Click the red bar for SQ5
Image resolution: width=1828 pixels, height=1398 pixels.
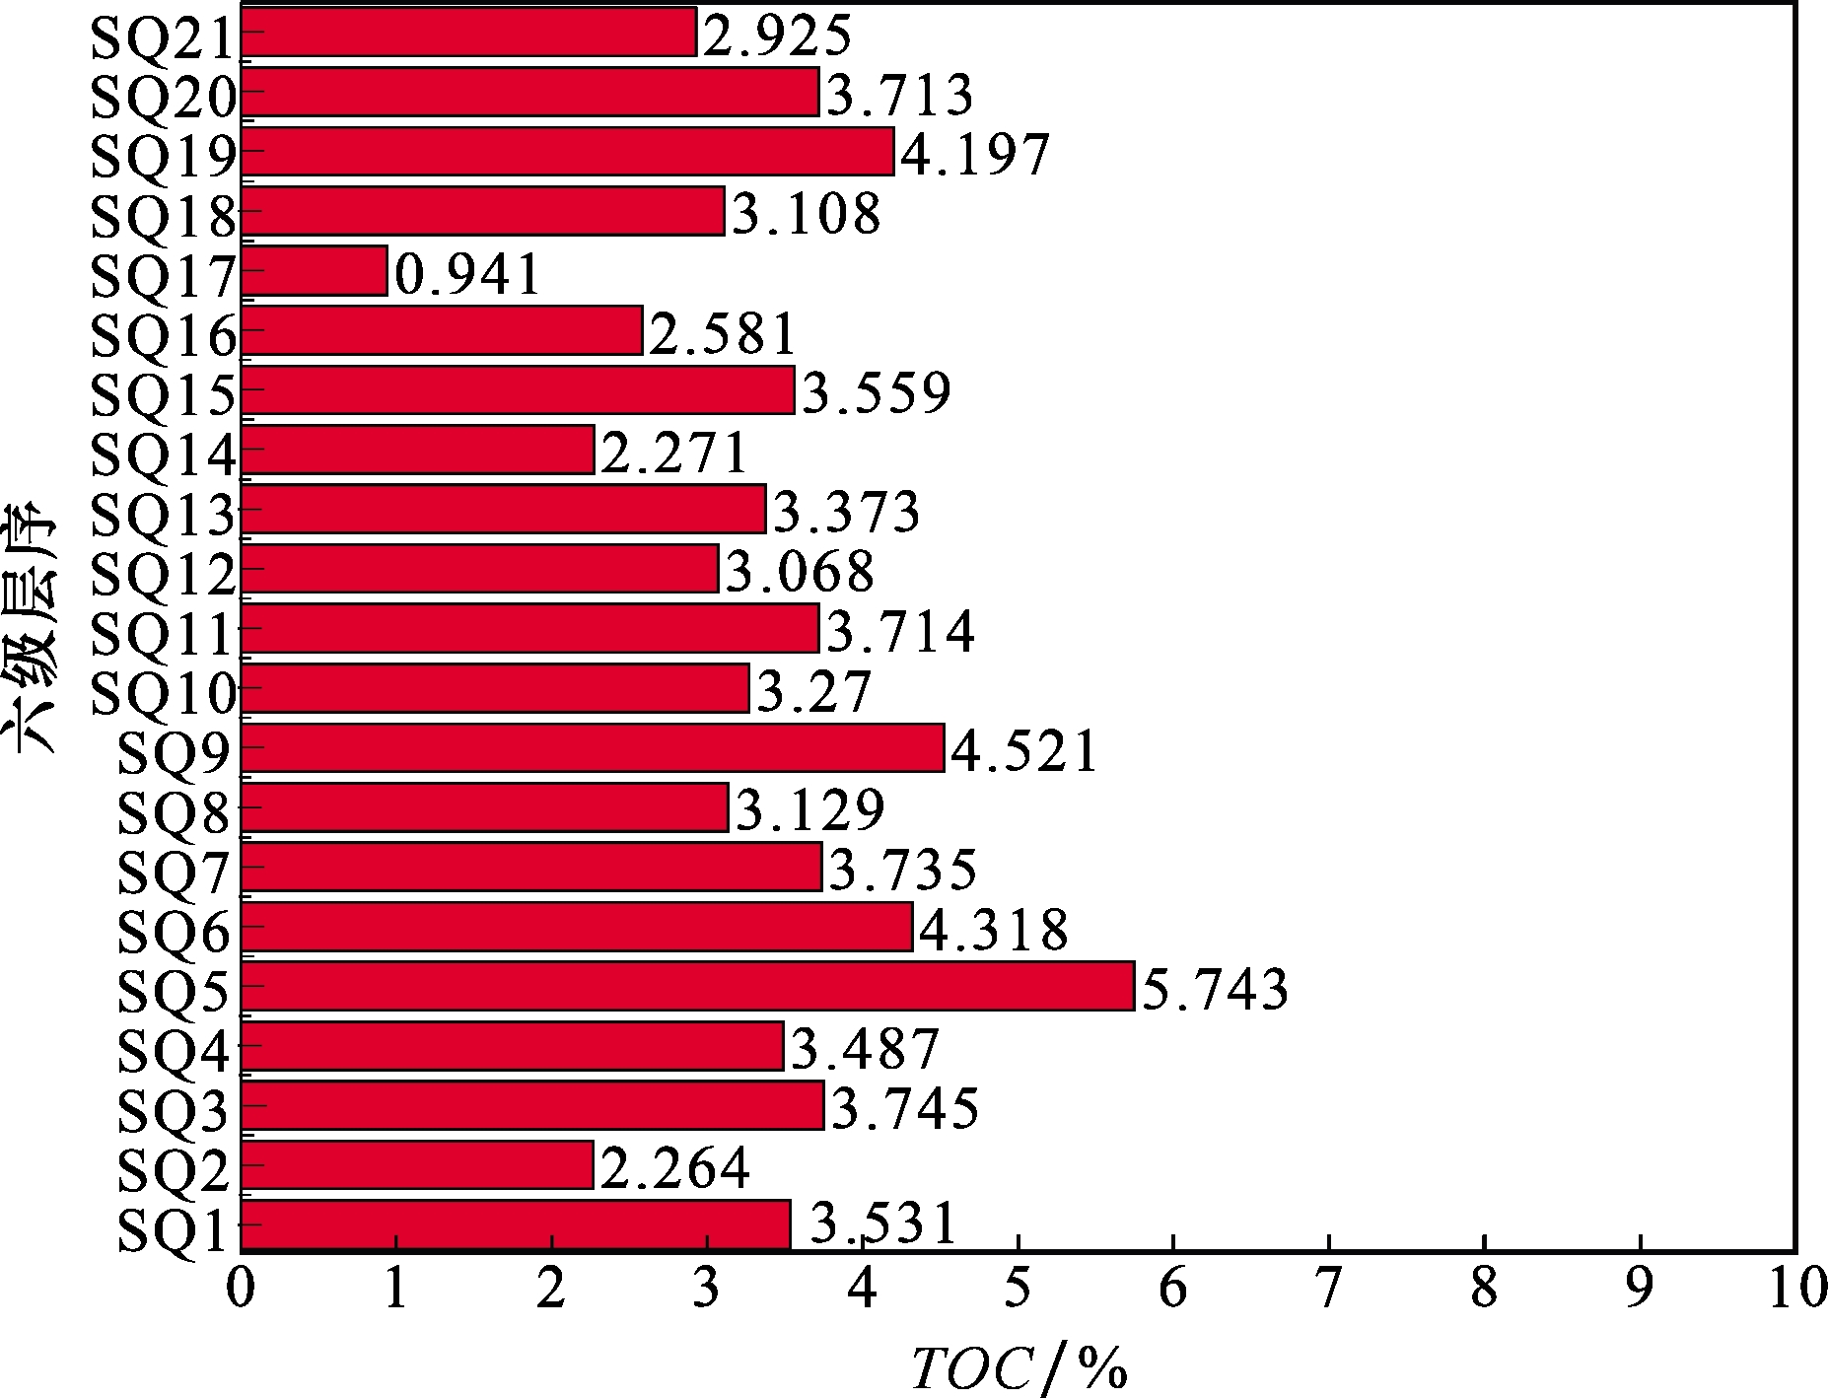(x=688, y=986)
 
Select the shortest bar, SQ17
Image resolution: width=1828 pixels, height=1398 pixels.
(x=315, y=270)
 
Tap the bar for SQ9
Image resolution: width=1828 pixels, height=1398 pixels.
(x=593, y=748)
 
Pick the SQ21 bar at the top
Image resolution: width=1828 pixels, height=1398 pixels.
(x=468, y=33)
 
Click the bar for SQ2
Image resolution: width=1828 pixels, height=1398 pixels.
(x=417, y=1165)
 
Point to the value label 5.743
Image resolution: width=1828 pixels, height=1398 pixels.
(x=1214, y=989)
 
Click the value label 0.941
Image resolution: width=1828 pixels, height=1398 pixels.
(x=468, y=273)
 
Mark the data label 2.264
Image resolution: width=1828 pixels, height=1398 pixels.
(x=674, y=1168)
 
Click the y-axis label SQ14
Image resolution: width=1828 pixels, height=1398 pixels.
(x=164, y=454)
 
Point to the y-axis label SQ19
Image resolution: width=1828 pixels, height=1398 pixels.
(x=164, y=155)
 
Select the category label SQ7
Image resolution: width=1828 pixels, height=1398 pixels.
(x=174, y=871)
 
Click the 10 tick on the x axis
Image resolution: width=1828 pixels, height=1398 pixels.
(x=1794, y=1291)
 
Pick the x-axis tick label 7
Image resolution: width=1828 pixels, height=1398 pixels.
(x=1328, y=1291)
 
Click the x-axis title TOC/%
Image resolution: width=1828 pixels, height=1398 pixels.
(x=1018, y=1366)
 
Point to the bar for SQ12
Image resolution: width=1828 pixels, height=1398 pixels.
(x=480, y=569)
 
